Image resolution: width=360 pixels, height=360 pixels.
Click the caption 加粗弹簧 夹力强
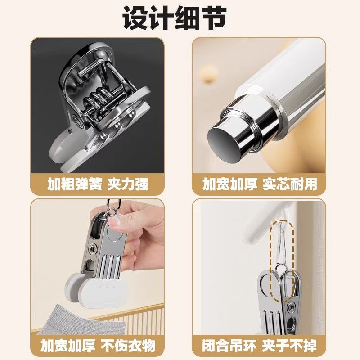point(98,184)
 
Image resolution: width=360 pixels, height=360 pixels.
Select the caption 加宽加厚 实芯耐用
point(259,184)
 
